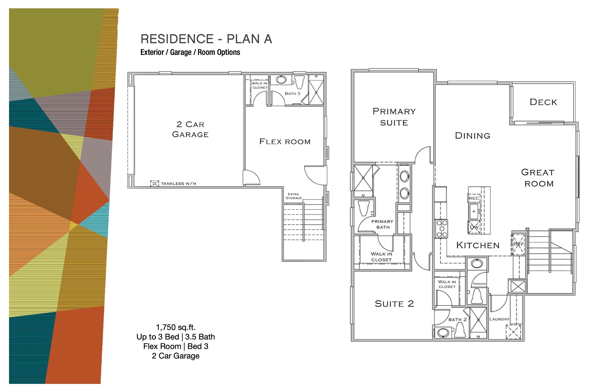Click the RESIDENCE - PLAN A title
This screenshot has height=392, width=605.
point(206,39)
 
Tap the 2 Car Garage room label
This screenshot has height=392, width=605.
point(190,129)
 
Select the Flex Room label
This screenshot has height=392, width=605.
point(285,142)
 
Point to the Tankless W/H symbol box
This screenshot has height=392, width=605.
point(154,183)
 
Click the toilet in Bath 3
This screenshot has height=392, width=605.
point(299,81)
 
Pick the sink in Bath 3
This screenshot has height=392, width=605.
point(281,80)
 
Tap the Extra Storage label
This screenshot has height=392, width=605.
point(294,196)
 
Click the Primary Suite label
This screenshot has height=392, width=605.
point(394,117)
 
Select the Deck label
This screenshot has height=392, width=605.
point(543,102)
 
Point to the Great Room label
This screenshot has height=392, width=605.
point(538,178)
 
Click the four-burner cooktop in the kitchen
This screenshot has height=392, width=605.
point(442,229)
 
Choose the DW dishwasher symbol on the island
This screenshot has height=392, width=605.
point(474,227)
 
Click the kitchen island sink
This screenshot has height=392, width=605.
point(474,211)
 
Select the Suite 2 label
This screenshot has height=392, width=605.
point(394,304)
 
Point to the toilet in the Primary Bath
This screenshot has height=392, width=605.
point(363,208)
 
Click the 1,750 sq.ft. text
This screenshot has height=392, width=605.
point(176,327)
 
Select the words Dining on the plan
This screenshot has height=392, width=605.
point(473,136)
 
